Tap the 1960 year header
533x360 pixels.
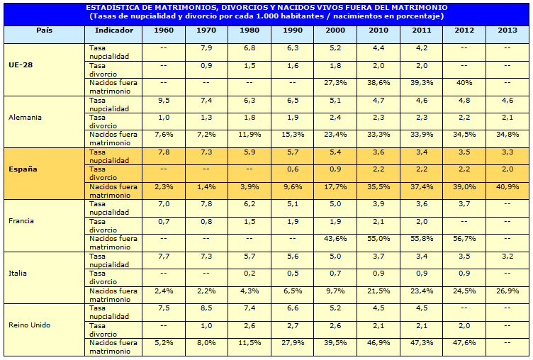(x=163, y=30)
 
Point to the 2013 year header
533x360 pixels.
(x=507, y=30)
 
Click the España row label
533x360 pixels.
(x=23, y=169)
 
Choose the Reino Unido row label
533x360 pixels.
(x=28, y=325)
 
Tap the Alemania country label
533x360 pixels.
(x=26, y=117)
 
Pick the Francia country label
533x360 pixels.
(x=22, y=220)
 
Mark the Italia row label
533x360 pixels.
(x=18, y=272)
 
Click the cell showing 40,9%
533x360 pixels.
(x=507, y=186)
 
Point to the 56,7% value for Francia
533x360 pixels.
(x=464, y=238)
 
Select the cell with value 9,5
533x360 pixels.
(x=163, y=101)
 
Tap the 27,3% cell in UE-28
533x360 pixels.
(x=335, y=82)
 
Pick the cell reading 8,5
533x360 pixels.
(x=206, y=308)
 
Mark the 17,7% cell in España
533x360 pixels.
(x=335, y=186)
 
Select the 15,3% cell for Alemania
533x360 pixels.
(x=292, y=134)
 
